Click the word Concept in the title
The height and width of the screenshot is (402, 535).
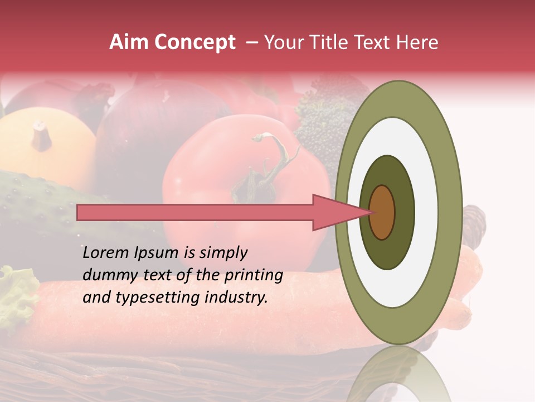point(195,42)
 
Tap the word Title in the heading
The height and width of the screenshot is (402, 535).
point(342,42)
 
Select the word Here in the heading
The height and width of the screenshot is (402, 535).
point(419,42)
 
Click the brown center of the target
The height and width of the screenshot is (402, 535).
point(382,212)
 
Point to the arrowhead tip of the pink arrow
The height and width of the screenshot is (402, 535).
point(371,212)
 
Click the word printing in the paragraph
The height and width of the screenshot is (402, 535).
point(253,275)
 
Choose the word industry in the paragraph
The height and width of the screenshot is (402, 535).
point(240,298)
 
